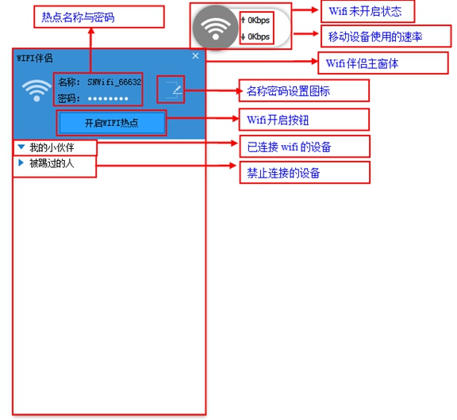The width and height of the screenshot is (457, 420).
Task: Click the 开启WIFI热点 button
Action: [x=111, y=124]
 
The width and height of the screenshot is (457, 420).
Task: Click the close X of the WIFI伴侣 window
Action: [x=196, y=56]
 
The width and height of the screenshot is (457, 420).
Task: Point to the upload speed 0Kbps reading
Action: [x=257, y=19]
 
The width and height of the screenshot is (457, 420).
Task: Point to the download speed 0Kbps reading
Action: [x=257, y=36]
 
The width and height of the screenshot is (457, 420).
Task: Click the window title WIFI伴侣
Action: [x=36, y=57]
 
